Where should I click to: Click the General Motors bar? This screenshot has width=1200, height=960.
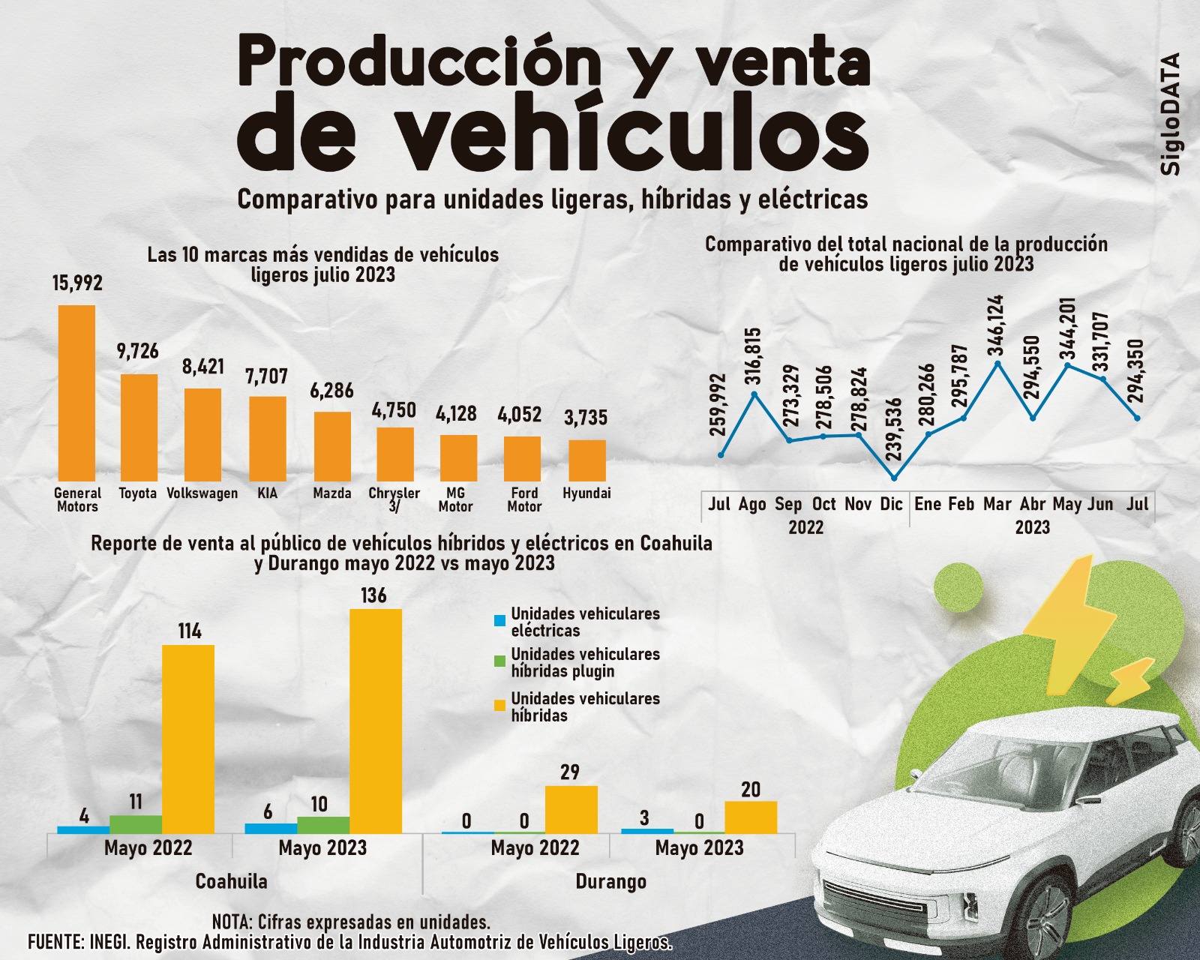point(76,392)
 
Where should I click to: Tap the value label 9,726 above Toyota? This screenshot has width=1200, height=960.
point(138,351)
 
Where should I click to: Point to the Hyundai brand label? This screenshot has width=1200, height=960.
point(586,493)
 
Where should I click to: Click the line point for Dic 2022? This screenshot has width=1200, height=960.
point(894,478)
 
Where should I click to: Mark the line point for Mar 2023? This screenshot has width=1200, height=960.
point(997,364)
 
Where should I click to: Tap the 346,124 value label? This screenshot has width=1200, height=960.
point(996,325)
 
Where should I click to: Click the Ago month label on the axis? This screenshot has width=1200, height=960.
point(752,504)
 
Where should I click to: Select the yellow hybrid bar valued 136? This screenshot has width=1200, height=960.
point(376,721)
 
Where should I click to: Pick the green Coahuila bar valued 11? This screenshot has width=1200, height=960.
point(136,824)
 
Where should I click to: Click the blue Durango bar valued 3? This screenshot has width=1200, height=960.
point(647,831)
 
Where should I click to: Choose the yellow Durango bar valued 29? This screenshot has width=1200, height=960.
point(571,809)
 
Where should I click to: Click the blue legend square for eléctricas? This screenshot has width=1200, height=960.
point(499,621)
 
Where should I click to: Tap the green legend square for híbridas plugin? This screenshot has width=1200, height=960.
point(499,661)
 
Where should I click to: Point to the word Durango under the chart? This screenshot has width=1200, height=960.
point(610,881)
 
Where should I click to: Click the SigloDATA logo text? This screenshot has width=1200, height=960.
point(1171,114)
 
